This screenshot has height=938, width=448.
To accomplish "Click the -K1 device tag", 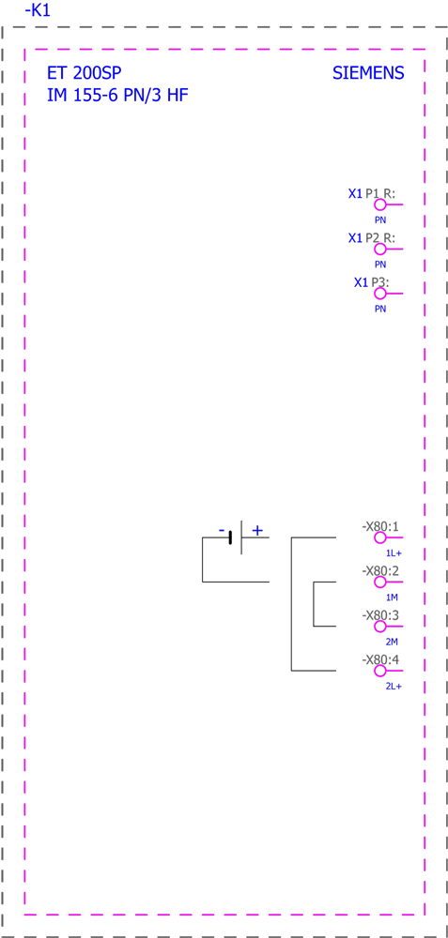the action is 38,10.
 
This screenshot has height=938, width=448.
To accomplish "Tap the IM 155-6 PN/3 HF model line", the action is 118,95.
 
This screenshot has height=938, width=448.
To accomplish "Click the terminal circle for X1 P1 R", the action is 379,204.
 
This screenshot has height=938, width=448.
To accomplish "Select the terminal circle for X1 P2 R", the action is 379,249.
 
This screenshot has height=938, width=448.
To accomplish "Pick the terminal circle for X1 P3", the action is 379,294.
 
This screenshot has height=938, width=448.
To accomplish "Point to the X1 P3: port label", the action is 371,282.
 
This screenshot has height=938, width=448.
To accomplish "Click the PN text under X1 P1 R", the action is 380,220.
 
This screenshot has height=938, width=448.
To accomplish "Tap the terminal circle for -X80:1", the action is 379,537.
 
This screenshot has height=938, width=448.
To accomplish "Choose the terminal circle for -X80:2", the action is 379,582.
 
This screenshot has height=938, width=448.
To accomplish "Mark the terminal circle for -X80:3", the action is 379,627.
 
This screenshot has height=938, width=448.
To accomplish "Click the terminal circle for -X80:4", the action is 379,672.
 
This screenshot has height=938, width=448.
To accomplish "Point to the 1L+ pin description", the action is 393,553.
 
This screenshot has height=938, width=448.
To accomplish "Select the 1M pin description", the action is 392,598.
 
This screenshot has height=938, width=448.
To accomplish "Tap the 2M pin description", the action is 392,642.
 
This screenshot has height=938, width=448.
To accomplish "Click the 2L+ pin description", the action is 393,687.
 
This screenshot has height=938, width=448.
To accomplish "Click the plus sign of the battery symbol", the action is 257,530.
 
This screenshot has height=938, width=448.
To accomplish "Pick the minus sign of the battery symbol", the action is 222,531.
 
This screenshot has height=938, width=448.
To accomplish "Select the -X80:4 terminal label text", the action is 380,660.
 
